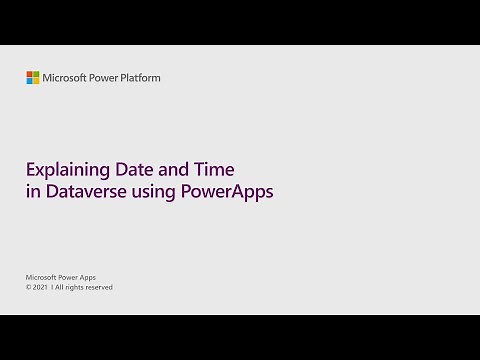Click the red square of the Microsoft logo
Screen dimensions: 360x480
click(30, 74)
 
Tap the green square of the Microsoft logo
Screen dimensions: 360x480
click(36, 74)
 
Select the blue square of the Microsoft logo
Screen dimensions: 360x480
click(30, 81)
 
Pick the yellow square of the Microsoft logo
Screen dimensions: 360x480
click(36, 81)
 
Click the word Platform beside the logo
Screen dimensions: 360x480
click(139, 78)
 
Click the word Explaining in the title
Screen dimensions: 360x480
click(65, 170)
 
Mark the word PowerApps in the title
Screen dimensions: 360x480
click(227, 192)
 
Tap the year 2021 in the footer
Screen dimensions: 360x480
click(42, 287)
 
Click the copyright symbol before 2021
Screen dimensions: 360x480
click(29, 287)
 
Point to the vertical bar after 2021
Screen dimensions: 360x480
click(53, 287)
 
